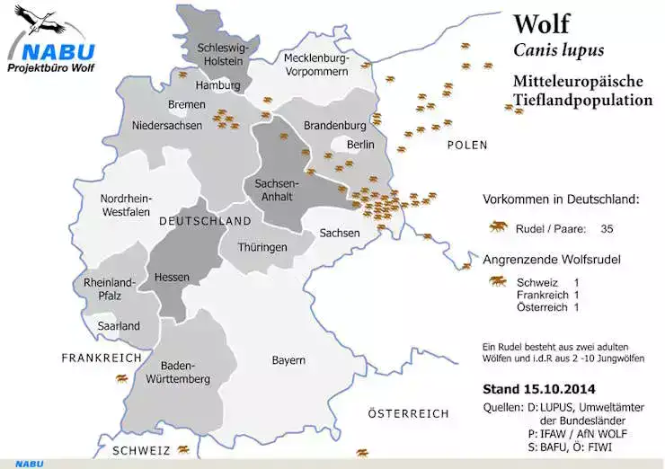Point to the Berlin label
click(359, 145)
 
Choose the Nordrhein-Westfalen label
click(127, 205)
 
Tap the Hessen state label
click(171, 278)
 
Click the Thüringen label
click(262, 247)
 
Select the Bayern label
click(288, 360)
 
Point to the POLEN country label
click(466, 145)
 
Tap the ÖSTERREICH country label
click(409, 413)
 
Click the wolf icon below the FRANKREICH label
click(120, 379)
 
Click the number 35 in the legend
click(607, 229)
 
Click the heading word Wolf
click(541, 22)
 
